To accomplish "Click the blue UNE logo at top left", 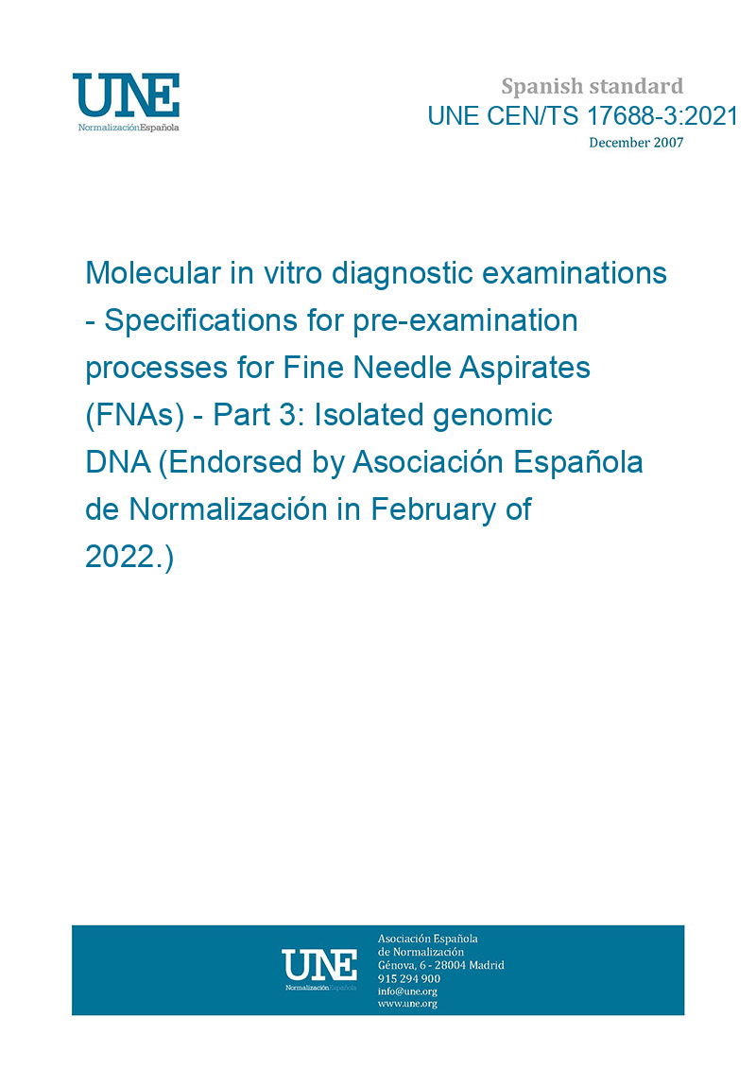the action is click(x=126, y=102).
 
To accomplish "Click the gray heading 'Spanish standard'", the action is click(x=592, y=87).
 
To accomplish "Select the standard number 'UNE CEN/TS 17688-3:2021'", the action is click(x=583, y=116).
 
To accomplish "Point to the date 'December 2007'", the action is click(x=636, y=143).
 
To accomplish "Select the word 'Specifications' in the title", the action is click(x=201, y=320).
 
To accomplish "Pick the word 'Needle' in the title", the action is click(x=403, y=368).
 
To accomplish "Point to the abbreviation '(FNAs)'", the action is click(x=135, y=415).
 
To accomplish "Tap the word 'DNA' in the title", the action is click(x=118, y=462).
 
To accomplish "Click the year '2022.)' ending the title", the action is click(x=129, y=557).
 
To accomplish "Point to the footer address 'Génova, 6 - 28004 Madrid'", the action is click(x=441, y=965).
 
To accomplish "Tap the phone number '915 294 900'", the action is click(x=409, y=978).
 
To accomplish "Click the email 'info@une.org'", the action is click(x=407, y=991).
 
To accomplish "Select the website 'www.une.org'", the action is click(x=407, y=1004).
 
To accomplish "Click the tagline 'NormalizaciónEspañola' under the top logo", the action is click(x=129, y=128).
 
